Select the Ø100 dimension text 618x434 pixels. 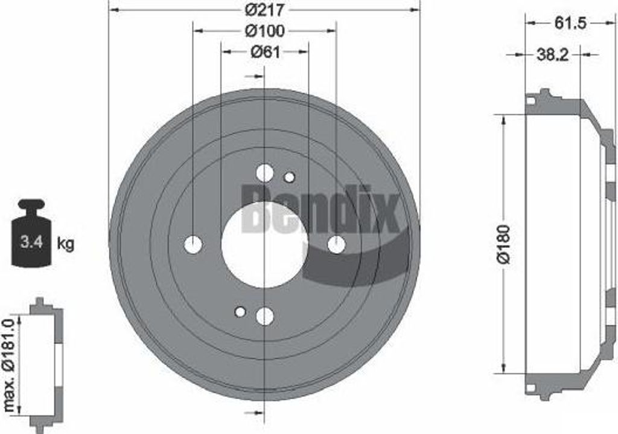[x=265, y=30]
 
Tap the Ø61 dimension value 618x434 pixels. [x=265, y=52]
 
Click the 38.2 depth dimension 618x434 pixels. [x=553, y=55]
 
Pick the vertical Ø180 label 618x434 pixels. [x=505, y=244]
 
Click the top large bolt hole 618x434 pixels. [x=265, y=173]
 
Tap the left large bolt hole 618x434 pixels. [x=193, y=245]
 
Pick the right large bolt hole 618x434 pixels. [x=336, y=245]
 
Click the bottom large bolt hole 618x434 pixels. [x=265, y=316]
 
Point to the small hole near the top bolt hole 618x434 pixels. [x=289, y=177]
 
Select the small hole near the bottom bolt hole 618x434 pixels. [x=240, y=312]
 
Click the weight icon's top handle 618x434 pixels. [x=31, y=204]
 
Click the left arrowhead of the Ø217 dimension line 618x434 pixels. [x=113, y=10]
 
